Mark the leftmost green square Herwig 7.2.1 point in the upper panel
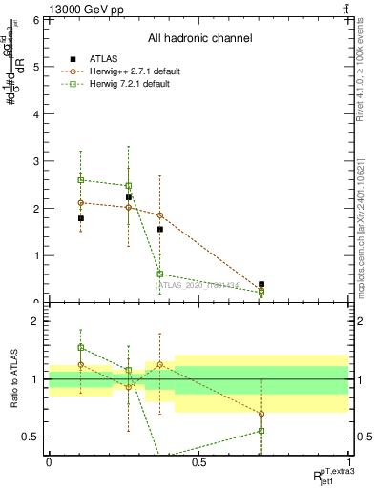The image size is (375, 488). pyautogui.click(x=81, y=179)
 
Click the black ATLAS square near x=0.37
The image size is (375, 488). pyautogui.click(x=160, y=229)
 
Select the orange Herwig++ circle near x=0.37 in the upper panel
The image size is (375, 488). pyautogui.click(x=160, y=215)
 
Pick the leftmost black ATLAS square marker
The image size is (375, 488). pyautogui.click(x=81, y=218)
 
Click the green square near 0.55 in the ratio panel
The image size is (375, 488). pyautogui.click(x=261, y=431)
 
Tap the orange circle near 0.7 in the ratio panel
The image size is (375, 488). pyautogui.click(x=261, y=414)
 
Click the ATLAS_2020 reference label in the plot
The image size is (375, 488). pyautogui.click(x=210, y=284)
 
